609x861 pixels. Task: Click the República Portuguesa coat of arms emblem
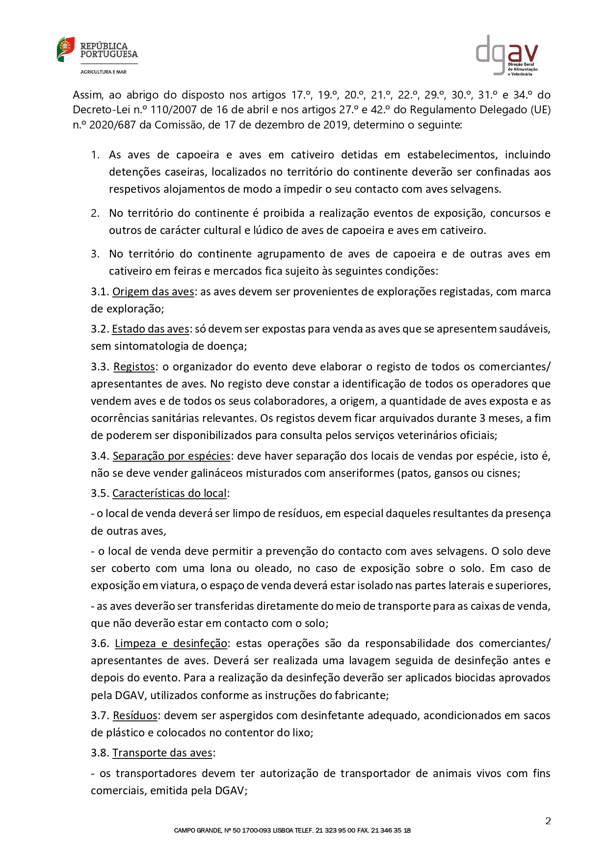[x=66, y=49]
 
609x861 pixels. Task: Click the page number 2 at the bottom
[x=548, y=821]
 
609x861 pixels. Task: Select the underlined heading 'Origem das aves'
[x=153, y=292]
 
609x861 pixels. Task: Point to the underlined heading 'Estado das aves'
[x=150, y=329]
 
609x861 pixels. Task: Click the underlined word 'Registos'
[x=134, y=367]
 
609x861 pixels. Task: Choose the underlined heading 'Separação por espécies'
[x=171, y=456]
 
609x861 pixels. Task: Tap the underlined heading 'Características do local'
[x=169, y=494]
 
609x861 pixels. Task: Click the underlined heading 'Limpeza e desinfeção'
[x=171, y=644]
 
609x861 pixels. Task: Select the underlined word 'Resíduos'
[x=135, y=716]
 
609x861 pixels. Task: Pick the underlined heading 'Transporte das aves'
[x=162, y=753]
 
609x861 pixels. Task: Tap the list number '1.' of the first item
[x=95, y=155]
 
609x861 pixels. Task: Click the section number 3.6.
[x=100, y=644]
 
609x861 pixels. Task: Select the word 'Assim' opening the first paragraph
[x=87, y=95]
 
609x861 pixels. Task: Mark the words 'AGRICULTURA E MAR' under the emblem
[x=104, y=72]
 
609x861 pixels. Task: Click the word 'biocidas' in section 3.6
[x=475, y=678]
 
